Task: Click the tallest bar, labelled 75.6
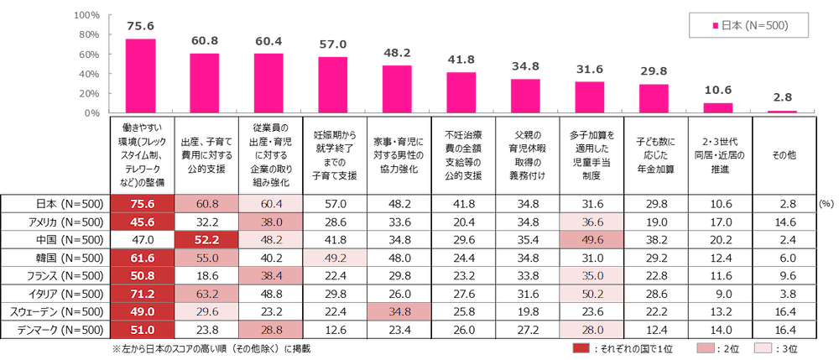[x=140, y=76]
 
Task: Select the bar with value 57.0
[x=332, y=85]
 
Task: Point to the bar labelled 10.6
[x=717, y=107]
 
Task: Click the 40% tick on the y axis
[x=90, y=74]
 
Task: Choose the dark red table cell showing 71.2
[x=140, y=292]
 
